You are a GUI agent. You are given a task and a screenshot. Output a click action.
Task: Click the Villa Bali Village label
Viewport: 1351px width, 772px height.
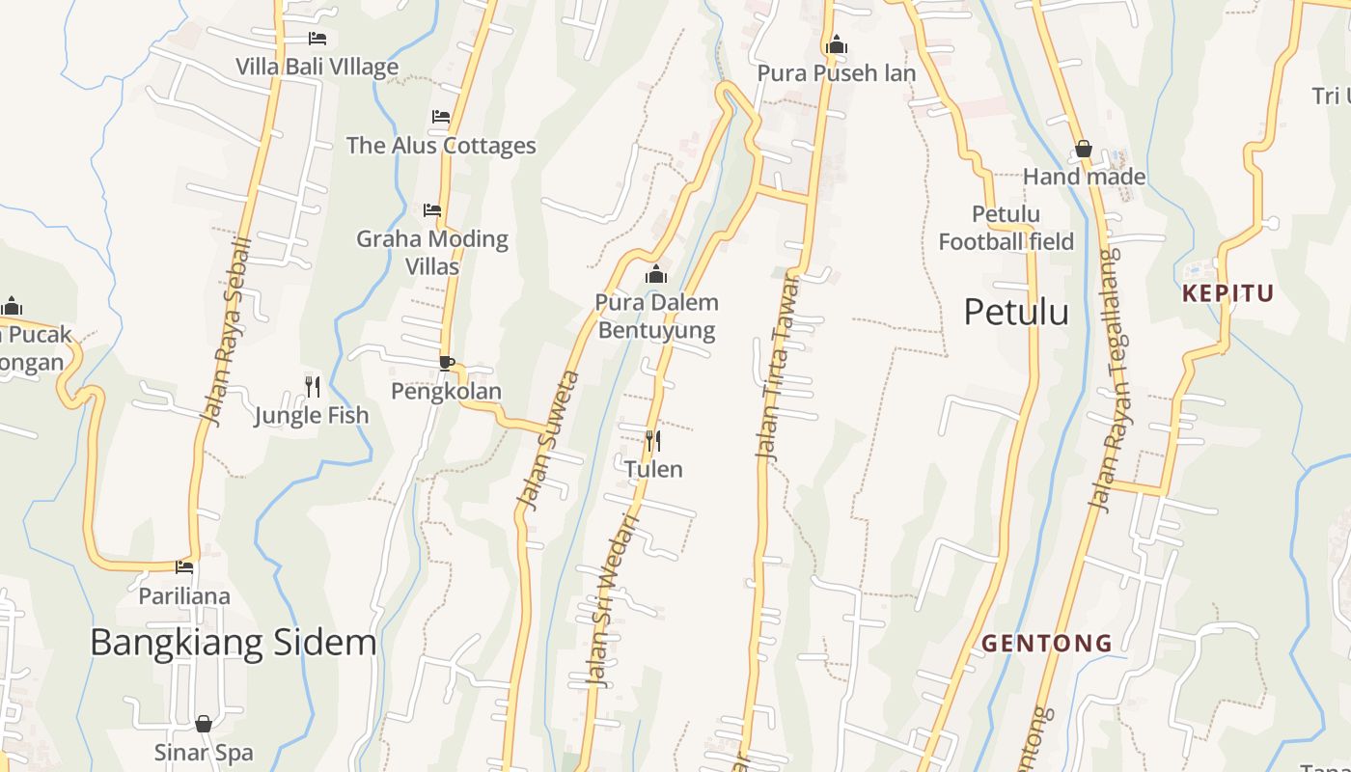317,67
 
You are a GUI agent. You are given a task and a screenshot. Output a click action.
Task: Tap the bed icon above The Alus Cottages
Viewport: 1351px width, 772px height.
441,117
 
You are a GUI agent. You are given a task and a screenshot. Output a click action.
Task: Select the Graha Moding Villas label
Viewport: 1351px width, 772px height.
432,252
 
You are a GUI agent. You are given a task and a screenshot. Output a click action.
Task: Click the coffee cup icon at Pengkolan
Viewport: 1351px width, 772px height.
446,363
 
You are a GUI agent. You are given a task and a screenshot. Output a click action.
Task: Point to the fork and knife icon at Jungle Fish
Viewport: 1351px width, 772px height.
312,387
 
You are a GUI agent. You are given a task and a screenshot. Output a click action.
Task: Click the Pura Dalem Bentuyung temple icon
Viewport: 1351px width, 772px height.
656,275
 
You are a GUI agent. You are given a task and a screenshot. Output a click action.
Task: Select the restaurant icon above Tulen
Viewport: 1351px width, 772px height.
653,442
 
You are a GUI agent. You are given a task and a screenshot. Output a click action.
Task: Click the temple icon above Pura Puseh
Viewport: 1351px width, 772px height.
837,44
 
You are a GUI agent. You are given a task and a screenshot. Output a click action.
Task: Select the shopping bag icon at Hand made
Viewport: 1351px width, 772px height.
1084,149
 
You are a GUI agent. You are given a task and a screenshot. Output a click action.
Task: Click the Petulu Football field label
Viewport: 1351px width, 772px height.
1006,228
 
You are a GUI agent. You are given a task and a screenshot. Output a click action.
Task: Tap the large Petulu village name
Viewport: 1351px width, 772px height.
1016,312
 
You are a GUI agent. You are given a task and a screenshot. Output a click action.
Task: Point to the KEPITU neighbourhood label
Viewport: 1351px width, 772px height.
1228,293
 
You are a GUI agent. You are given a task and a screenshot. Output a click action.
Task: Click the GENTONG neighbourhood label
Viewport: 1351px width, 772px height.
1047,643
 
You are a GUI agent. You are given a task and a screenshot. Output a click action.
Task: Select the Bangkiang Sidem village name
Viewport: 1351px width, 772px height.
233,643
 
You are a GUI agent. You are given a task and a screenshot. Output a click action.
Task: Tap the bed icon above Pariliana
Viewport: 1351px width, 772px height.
184,567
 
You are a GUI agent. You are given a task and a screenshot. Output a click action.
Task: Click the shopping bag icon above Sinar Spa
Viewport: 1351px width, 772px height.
204,724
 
